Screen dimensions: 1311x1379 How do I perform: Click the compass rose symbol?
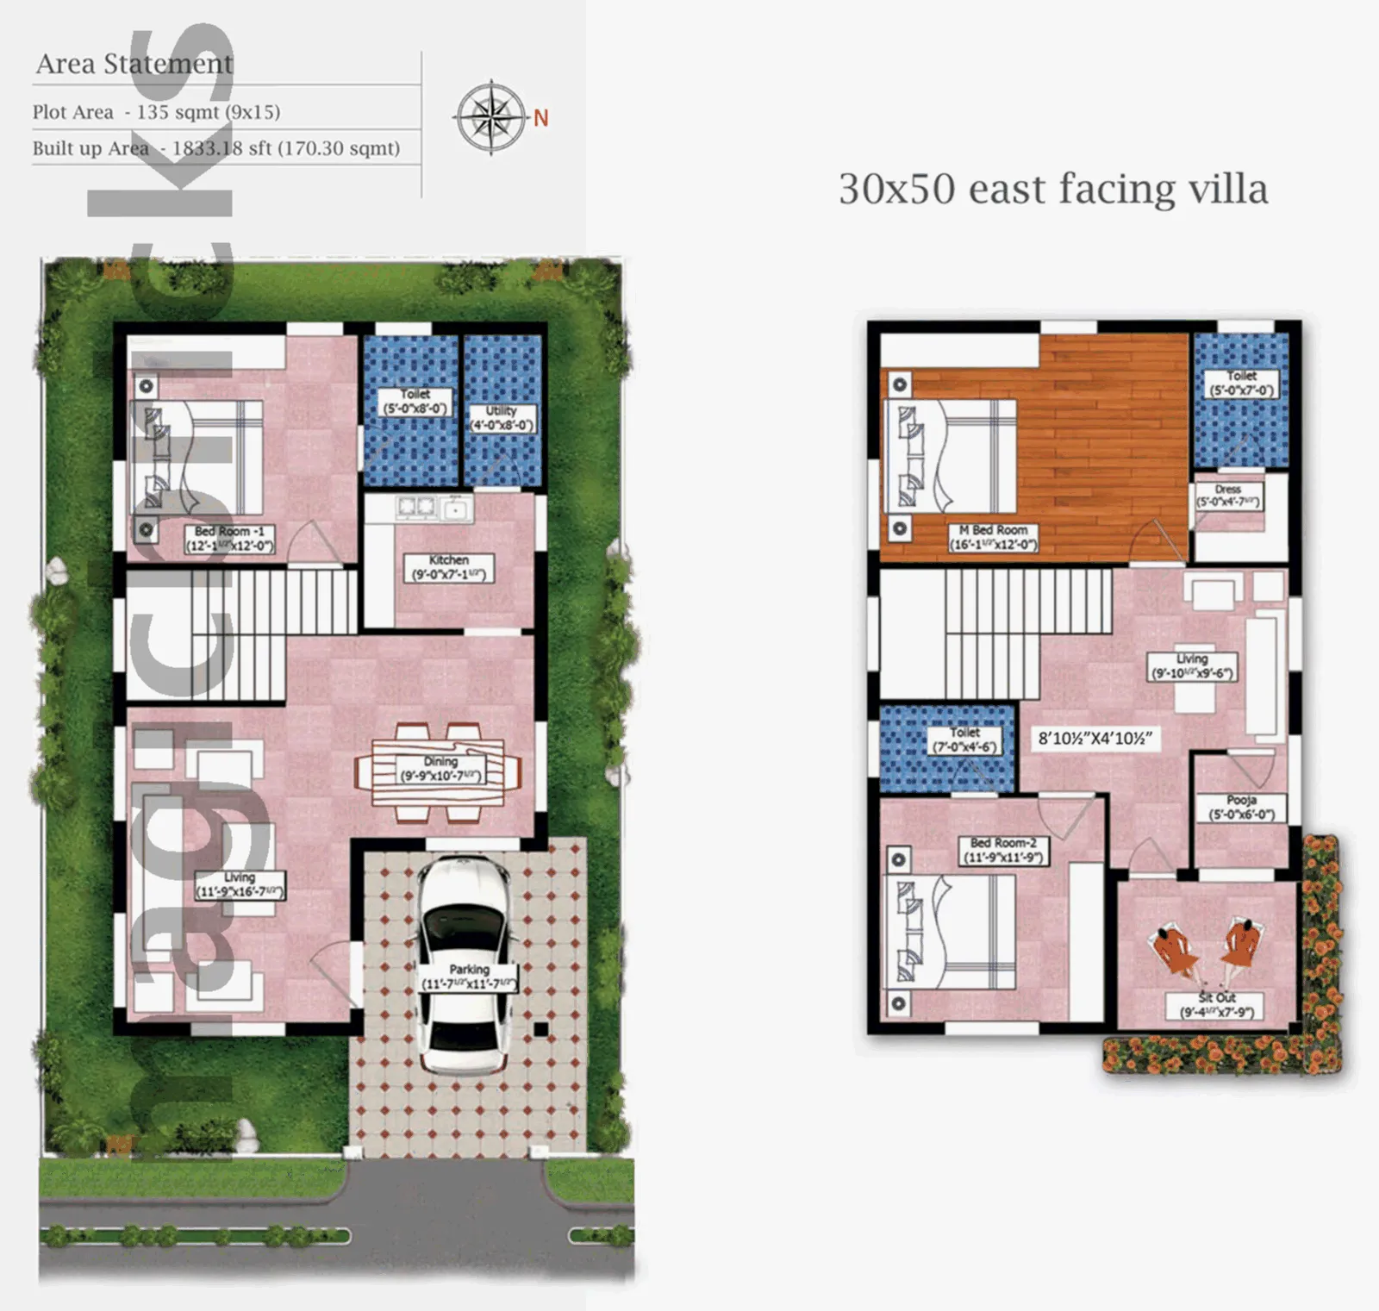coord(490,117)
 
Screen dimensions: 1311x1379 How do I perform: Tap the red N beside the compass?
coord(540,118)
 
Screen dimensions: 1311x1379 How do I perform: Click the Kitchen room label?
coord(449,567)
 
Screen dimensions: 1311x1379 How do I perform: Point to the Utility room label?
coord(502,418)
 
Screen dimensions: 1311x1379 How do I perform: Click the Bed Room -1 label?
coord(229,539)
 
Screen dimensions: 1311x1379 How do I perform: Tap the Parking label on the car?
coord(469,977)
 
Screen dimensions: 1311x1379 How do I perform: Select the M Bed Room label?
coord(994,537)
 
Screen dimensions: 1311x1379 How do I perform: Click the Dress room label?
coord(1228,496)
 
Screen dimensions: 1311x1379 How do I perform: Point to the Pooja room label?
coord(1241,808)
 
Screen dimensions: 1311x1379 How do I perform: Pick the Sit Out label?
coord(1216,1005)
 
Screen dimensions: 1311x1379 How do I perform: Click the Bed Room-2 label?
coord(1003,850)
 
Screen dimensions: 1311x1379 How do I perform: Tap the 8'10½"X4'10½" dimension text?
coord(1095,739)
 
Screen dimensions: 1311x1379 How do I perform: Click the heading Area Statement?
coord(134,64)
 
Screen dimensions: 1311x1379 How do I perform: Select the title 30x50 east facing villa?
coord(1053,189)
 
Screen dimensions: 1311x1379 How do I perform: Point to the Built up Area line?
coord(216,148)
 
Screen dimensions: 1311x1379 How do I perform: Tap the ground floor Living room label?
coord(239,884)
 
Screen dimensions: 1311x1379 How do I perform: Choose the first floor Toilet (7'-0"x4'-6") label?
coord(964,740)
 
